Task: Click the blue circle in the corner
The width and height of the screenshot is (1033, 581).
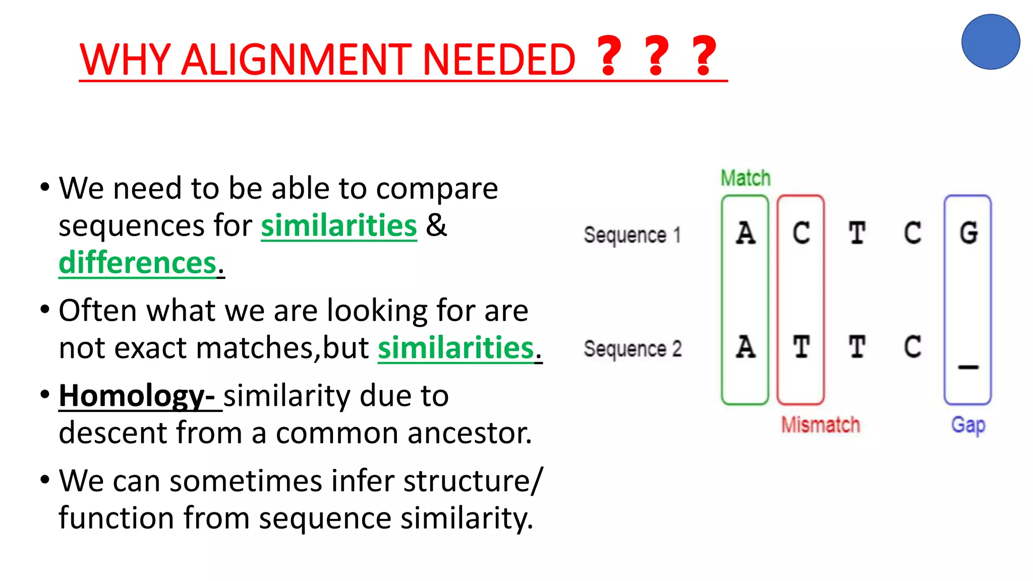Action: coord(991,42)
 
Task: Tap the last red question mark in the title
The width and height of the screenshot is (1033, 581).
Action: coord(704,56)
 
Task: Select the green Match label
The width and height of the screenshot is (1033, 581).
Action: coord(745,179)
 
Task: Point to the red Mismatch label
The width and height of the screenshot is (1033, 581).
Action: coord(820,425)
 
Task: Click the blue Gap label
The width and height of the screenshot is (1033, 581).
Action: coord(968,425)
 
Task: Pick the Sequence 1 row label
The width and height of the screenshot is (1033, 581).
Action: coord(633,235)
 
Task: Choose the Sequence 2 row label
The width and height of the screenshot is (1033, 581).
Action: coord(633,349)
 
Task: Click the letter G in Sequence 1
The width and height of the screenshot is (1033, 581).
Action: coord(968,234)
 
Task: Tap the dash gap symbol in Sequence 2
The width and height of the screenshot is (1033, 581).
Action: coord(968,367)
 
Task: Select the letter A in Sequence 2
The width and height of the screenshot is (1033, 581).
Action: coord(745,347)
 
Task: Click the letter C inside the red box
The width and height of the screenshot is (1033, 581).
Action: coord(801,234)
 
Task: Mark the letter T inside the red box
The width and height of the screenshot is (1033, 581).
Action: coord(801,347)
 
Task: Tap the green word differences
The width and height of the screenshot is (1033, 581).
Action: coord(137,263)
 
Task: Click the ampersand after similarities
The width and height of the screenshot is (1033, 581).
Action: coord(436,225)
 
